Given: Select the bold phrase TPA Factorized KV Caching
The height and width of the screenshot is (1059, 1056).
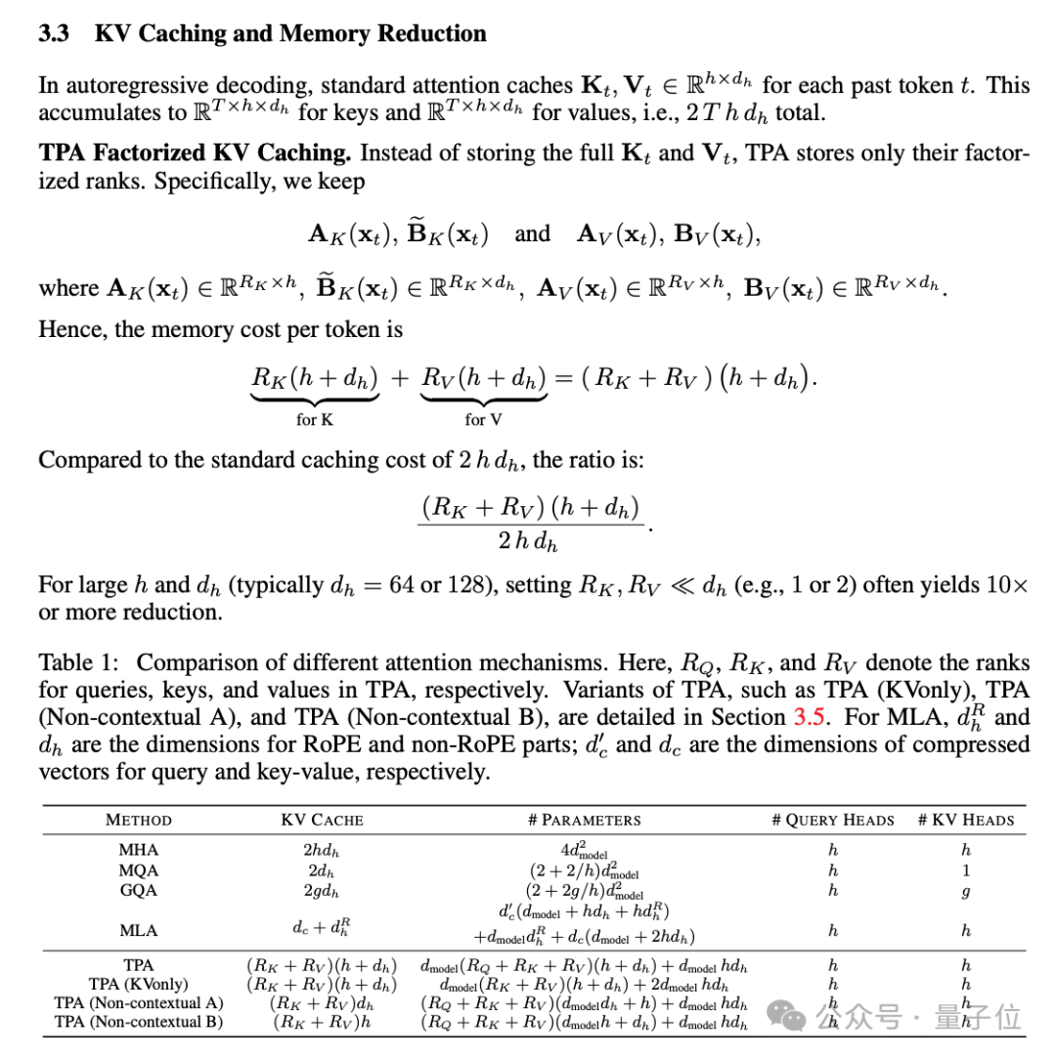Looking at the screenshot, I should (196, 153).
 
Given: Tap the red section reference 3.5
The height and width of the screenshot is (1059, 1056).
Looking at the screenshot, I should (810, 717).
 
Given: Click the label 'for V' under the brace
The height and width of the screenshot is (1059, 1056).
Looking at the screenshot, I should (483, 420).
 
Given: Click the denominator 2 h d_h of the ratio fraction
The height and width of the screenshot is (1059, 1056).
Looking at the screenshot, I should (528, 540).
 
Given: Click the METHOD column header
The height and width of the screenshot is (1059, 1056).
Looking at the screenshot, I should (138, 820).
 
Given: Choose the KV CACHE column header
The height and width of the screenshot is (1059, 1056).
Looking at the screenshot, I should (322, 820).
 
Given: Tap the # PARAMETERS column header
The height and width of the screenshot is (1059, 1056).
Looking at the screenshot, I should (584, 820).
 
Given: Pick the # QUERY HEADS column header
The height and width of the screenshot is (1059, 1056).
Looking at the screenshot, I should (832, 820).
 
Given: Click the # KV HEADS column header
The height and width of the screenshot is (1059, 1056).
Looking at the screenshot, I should (966, 820).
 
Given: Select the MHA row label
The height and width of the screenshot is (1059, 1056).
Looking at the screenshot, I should (138, 850).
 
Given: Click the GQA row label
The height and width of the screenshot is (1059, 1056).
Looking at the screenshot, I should (138, 890).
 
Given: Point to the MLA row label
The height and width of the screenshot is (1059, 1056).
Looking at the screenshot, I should (138, 930).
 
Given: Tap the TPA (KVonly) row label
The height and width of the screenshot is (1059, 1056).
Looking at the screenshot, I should (138, 984).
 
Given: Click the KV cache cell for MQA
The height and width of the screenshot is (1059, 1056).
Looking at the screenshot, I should (322, 870).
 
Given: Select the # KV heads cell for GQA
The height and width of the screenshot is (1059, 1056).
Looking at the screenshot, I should (966, 891).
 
